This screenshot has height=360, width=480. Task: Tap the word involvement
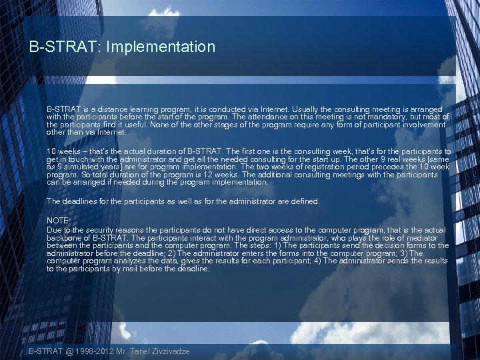point(421,125)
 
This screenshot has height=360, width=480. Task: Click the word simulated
point(83,167)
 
